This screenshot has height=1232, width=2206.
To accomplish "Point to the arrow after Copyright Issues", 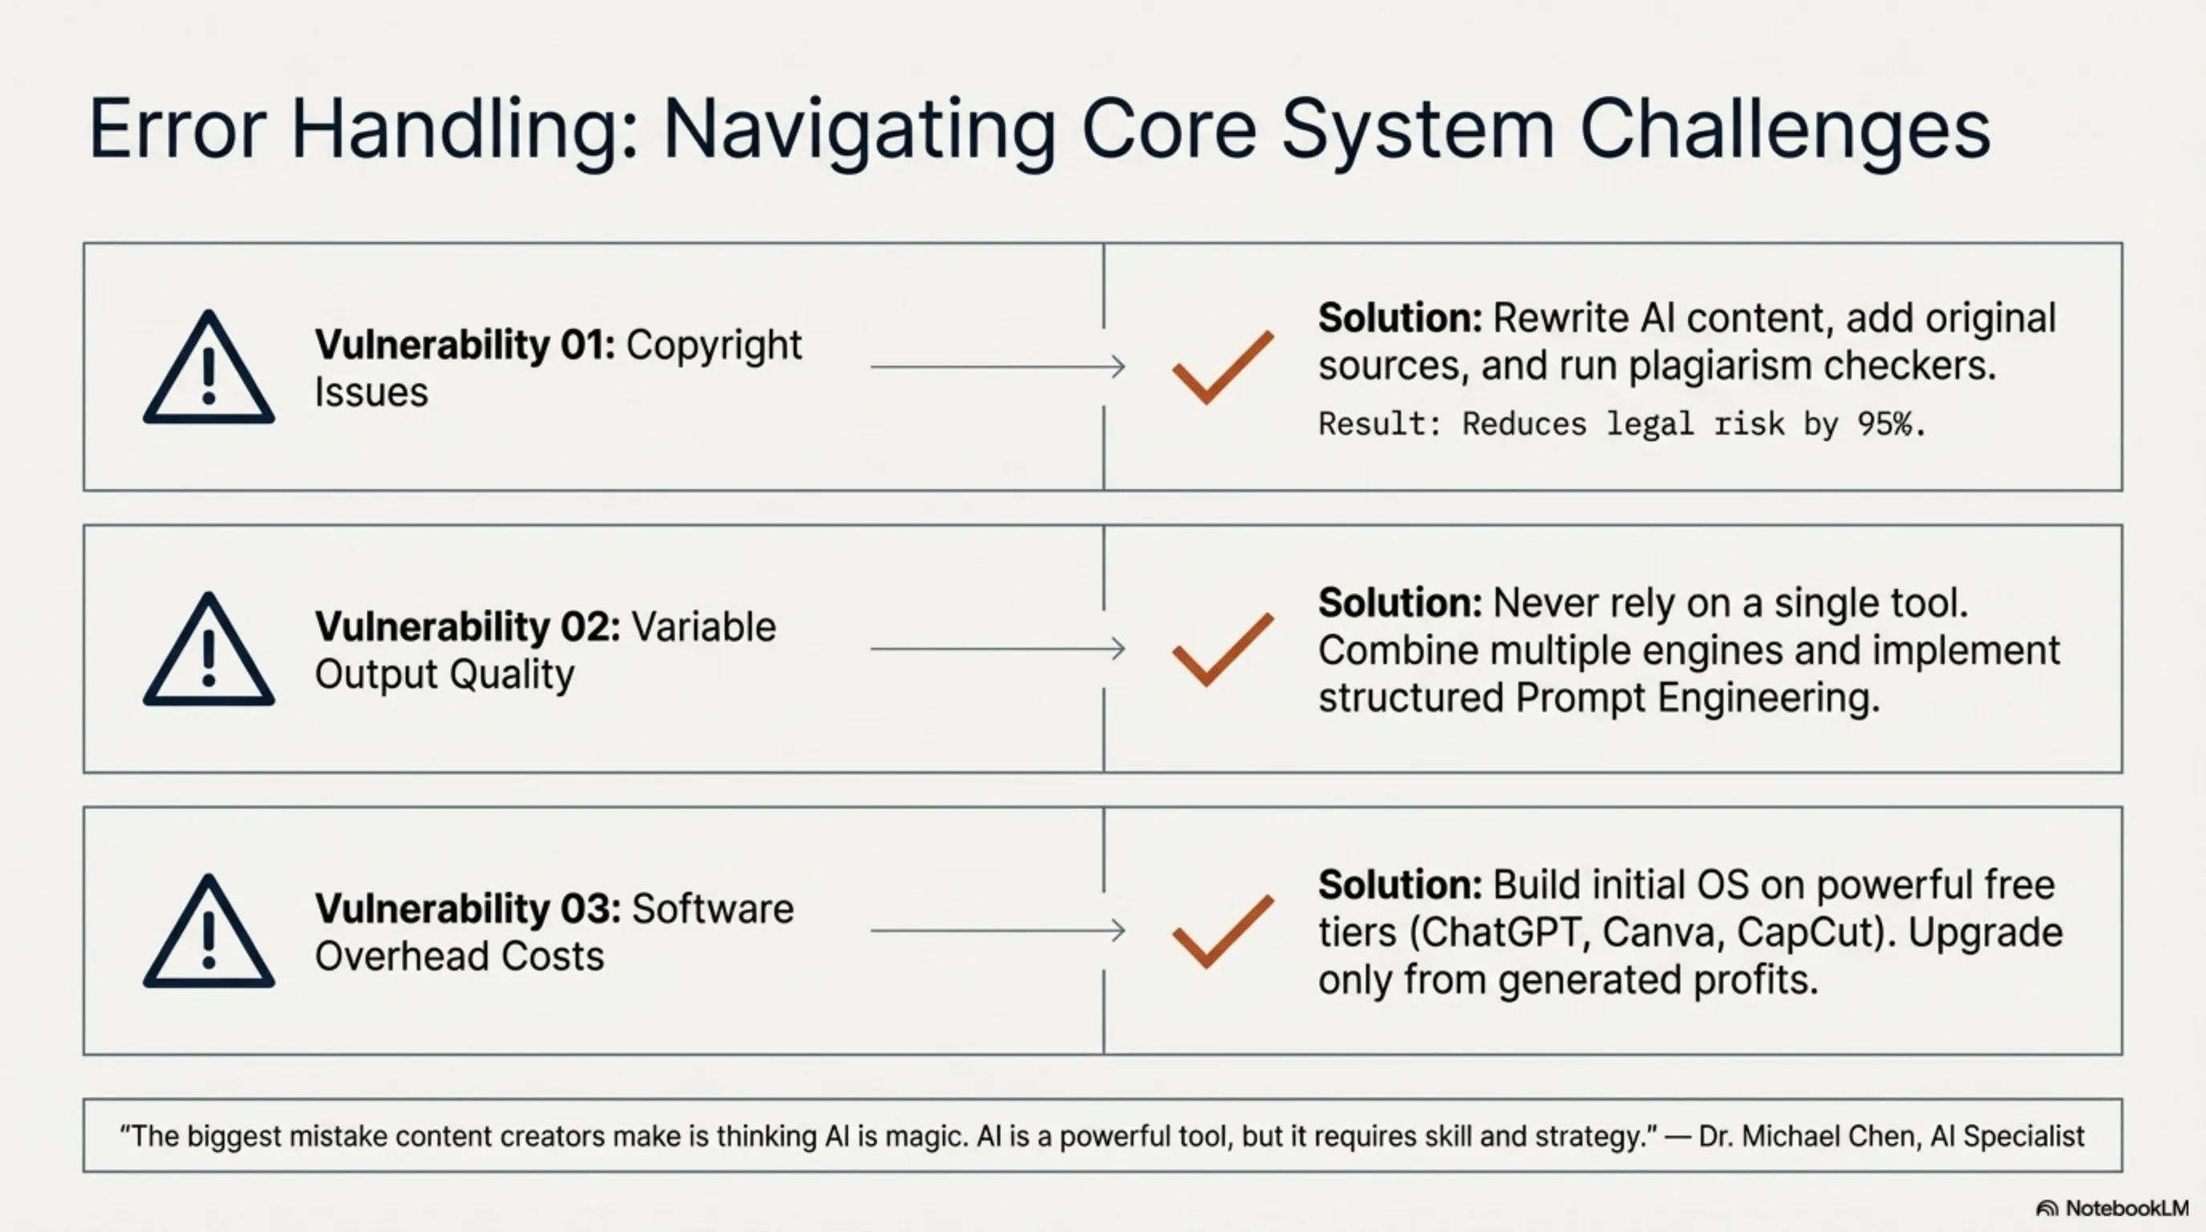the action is (x=998, y=367).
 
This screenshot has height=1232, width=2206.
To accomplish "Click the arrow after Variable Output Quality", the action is (x=998, y=649).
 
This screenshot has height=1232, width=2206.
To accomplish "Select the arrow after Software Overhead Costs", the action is (x=998, y=930).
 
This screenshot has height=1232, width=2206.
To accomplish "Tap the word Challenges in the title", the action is (x=1785, y=130).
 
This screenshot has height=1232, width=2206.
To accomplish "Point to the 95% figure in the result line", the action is (x=1892, y=423).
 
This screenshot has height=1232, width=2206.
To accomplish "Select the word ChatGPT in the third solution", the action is (x=1501, y=933).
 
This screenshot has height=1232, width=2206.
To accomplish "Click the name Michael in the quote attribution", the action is (x=1791, y=1136).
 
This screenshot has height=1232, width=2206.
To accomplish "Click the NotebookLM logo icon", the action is (x=2046, y=1209).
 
